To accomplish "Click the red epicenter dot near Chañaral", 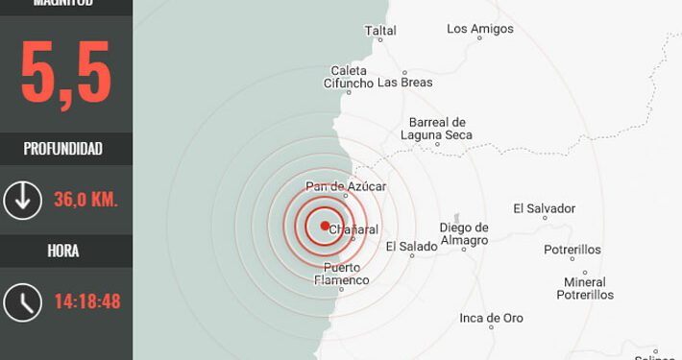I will point(325,227).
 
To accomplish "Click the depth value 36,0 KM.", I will point(85,200).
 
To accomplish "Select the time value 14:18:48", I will point(86,301).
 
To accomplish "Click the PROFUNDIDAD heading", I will point(63,149).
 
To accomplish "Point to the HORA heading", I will point(63,252).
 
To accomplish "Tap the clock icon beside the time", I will point(21,301).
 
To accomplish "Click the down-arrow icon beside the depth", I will point(21,200).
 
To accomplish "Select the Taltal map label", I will point(380,31).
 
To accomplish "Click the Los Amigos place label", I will point(477,29).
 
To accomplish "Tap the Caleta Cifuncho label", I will point(352,77).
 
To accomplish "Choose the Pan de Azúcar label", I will point(345,185).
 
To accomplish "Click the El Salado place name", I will point(411,247).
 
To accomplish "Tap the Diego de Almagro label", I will point(464,233).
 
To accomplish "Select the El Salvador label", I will point(544,208).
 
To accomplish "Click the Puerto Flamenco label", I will point(342,274).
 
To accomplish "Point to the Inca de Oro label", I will point(492,318).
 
